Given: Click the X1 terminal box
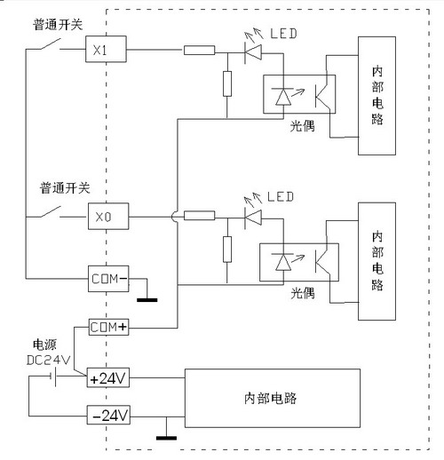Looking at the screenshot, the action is click(106, 49).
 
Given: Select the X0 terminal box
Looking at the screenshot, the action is click(108, 216).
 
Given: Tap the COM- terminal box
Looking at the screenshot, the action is click(108, 279).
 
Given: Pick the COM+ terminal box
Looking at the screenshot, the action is click(108, 327).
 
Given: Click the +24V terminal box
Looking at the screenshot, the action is click(108, 377).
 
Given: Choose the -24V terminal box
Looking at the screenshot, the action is click(108, 415).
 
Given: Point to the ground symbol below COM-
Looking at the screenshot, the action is click(147, 300).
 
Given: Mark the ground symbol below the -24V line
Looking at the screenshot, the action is click(166, 438).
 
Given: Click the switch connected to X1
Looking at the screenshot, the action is click(51, 44).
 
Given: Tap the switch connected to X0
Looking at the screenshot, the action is click(51, 212).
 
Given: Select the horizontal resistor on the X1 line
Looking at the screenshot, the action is click(199, 50).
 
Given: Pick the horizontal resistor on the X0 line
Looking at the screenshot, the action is click(199, 216).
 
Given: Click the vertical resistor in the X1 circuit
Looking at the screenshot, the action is click(227, 83).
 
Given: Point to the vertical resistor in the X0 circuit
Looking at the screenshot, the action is click(227, 250).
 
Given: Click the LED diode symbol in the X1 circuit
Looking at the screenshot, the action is click(253, 52).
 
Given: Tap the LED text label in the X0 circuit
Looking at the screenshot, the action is click(281, 197).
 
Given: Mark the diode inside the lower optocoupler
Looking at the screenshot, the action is click(283, 262).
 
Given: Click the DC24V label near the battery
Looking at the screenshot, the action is click(49, 360).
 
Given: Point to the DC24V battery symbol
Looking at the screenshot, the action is click(53, 377).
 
